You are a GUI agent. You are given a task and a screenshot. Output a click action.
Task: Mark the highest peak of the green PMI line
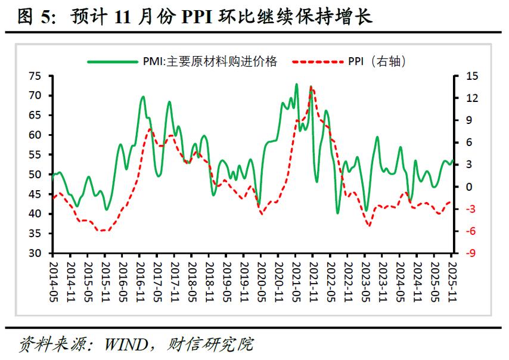(x=296, y=84)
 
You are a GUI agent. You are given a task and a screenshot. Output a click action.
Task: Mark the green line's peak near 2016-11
(x=143, y=96)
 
